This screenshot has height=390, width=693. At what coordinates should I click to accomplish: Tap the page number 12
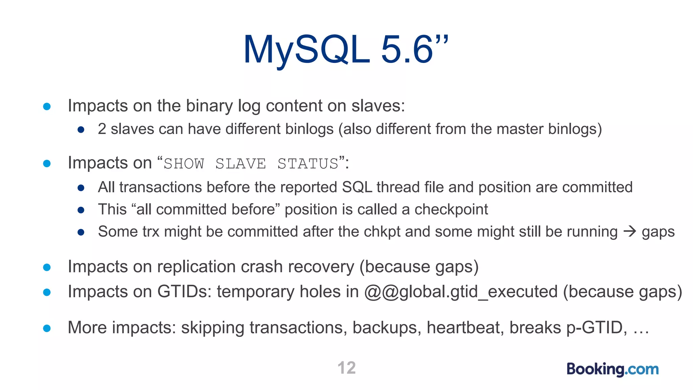click(x=346, y=368)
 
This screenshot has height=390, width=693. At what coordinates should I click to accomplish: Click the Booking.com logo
click(x=612, y=369)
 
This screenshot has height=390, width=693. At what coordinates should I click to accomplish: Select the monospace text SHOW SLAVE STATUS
click(x=251, y=164)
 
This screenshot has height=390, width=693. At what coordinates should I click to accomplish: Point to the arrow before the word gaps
click(x=629, y=232)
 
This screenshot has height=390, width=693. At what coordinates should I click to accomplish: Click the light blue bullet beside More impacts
click(x=47, y=328)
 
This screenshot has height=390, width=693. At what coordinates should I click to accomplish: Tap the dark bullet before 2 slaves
click(x=81, y=130)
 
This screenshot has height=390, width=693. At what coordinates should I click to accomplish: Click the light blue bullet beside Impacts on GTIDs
click(x=47, y=292)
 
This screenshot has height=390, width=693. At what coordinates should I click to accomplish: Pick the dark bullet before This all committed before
click(x=81, y=210)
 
